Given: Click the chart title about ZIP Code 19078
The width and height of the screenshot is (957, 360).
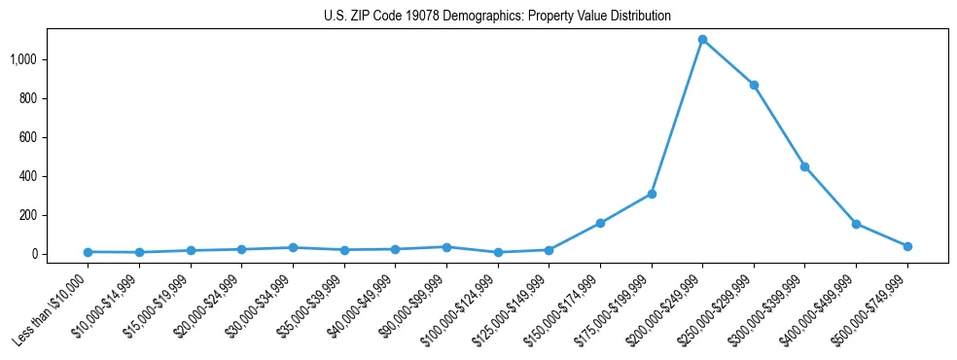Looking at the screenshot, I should (497, 17).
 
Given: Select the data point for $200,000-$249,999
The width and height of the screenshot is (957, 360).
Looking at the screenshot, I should (702, 40).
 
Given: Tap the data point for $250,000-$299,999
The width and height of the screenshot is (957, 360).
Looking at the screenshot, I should (754, 86).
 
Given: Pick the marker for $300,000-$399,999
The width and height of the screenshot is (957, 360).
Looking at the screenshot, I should (804, 166).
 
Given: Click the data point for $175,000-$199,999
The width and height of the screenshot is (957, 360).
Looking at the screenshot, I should (652, 194).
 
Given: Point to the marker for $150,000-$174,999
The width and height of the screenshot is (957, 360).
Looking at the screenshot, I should (600, 223).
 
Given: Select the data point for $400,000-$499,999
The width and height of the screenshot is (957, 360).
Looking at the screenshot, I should (856, 224).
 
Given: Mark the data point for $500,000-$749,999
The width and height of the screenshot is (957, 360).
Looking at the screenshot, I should (907, 246).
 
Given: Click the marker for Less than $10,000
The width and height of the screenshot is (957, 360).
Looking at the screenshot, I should (88, 252).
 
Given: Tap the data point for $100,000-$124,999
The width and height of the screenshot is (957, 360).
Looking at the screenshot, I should (498, 252).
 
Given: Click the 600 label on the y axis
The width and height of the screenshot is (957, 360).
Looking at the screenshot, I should (28, 137).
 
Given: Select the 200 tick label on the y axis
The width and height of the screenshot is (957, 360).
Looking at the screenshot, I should (28, 215).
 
